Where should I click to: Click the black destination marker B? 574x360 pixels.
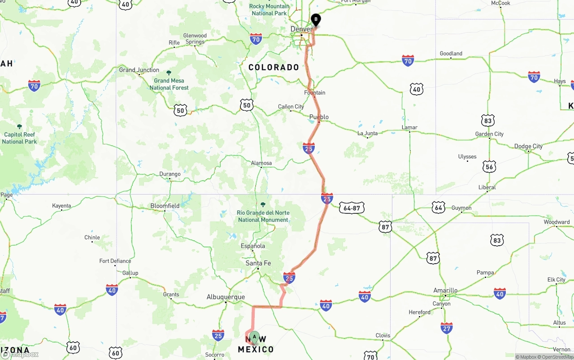316,20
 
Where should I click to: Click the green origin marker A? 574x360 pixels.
254,337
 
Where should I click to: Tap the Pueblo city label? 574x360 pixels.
319,117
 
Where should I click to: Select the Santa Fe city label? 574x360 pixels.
258,263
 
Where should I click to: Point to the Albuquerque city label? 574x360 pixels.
226,297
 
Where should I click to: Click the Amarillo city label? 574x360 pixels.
445,290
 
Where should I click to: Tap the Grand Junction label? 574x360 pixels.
139,70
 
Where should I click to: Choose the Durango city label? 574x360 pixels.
170,174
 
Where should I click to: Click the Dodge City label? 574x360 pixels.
528,146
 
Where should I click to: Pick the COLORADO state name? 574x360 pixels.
274,67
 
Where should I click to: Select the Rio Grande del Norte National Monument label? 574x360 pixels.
263,216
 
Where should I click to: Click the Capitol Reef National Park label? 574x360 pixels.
19,138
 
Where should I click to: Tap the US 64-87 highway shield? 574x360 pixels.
352,208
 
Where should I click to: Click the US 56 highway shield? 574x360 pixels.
489,167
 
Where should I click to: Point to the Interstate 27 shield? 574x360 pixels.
446,328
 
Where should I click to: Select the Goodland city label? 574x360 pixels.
451,53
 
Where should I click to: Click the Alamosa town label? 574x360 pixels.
261,163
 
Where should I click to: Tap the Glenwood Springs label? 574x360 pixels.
195,39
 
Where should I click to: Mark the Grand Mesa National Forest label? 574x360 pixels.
169,84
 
